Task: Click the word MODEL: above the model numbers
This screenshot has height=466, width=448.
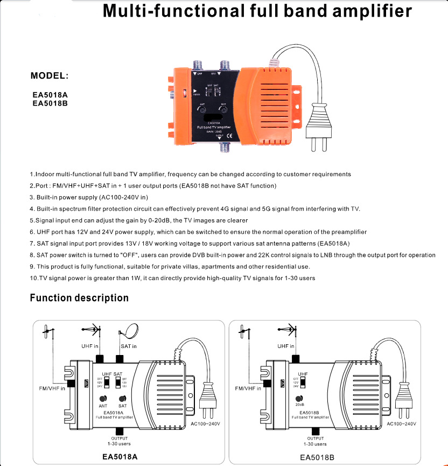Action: (50, 75)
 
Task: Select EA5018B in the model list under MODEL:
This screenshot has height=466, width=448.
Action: (49, 103)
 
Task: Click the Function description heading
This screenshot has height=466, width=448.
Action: (79, 298)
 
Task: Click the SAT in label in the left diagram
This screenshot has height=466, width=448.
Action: (128, 346)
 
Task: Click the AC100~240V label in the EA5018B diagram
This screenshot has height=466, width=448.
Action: (401, 424)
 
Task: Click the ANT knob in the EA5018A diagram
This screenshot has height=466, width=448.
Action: (102, 399)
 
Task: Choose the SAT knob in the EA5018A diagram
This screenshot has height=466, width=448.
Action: (122, 399)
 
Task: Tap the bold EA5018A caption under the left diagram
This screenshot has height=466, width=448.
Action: (120, 457)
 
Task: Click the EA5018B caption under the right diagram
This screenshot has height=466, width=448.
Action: (317, 457)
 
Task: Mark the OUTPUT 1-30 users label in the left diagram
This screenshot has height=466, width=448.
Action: (120, 441)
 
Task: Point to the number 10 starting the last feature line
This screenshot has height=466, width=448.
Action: (33, 278)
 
